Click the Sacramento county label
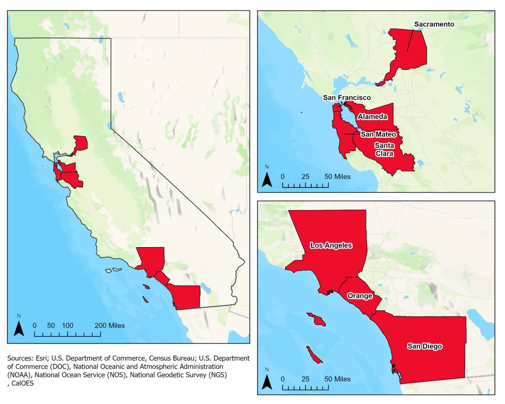pos(434,24)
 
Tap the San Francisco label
pos(347,98)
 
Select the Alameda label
pos(372,116)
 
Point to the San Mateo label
pos(378,134)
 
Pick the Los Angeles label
pos(331,245)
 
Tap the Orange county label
pos(359,296)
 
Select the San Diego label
pos(425,346)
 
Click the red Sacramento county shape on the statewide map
pos(80,144)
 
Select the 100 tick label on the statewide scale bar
pos(68,326)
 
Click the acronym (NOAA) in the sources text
pos(19,375)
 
